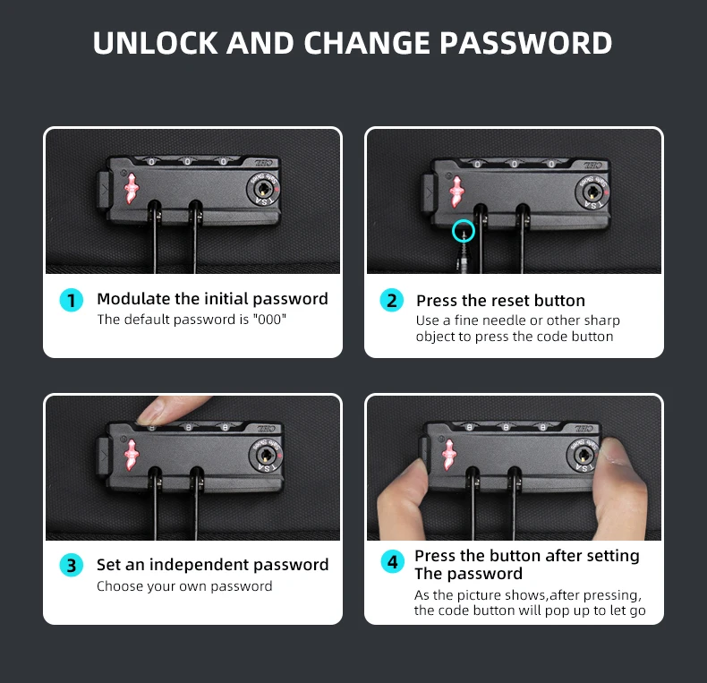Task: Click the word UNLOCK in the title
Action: click(155, 43)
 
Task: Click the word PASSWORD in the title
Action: click(525, 43)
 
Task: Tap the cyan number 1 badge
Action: click(72, 300)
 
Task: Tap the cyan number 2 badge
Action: click(392, 301)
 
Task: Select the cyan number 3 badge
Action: click(72, 565)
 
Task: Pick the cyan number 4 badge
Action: click(392, 561)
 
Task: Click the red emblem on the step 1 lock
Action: click(132, 188)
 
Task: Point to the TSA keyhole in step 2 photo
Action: click(592, 192)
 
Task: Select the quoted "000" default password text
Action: click(269, 319)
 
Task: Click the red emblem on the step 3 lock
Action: click(132, 454)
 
